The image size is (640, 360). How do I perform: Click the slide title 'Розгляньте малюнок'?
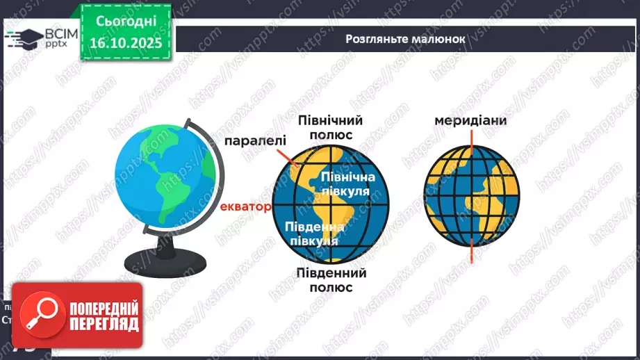point(404,39)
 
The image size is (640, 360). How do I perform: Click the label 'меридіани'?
point(470,120)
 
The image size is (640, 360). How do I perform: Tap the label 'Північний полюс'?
point(331,127)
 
